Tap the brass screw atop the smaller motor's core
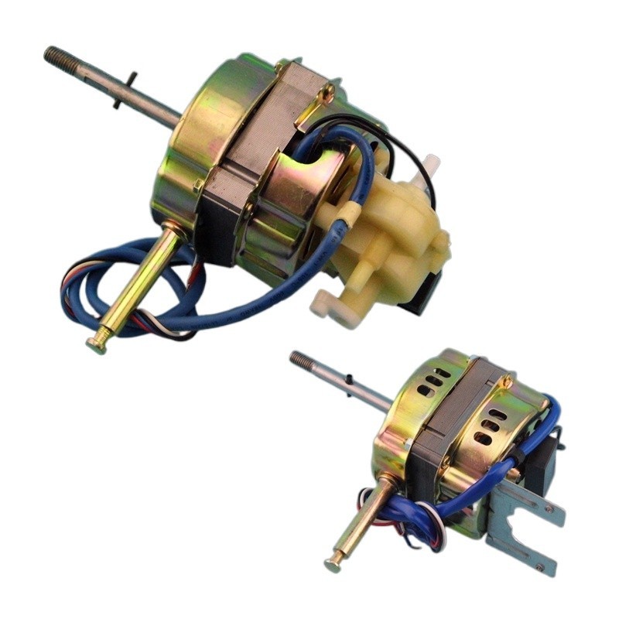pyautogui.click(x=505, y=382)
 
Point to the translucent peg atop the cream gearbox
pyautogui.click(x=431, y=164)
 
